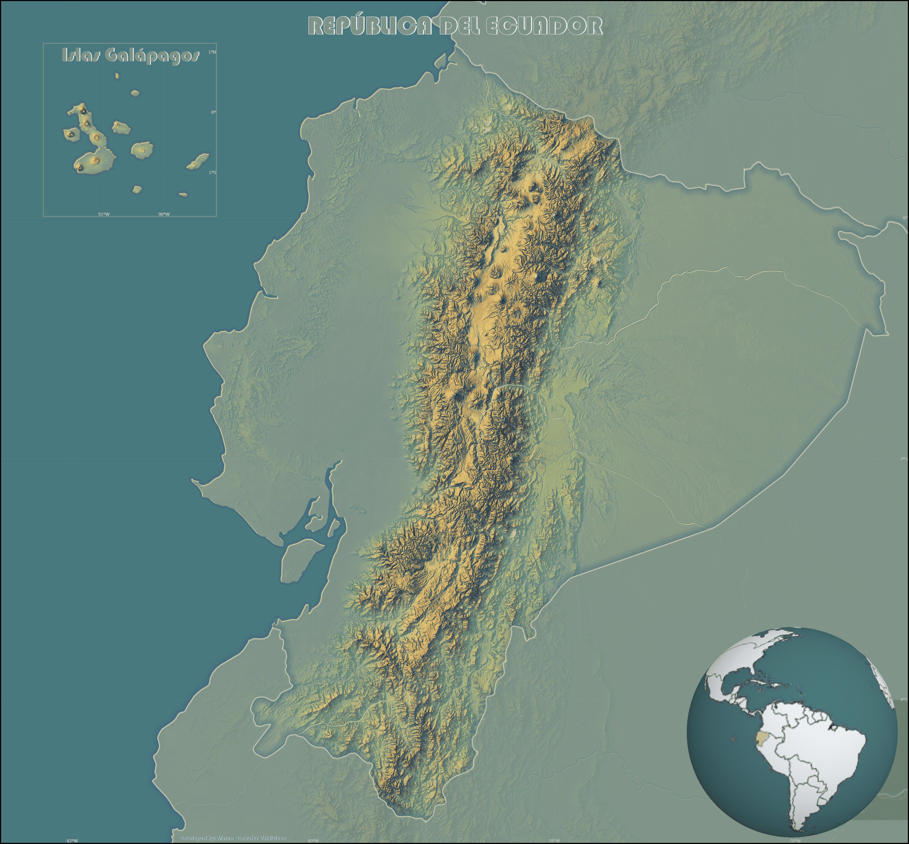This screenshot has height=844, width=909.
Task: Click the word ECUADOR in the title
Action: click(x=543, y=26)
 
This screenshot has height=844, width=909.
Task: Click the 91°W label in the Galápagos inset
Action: click(x=104, y=214)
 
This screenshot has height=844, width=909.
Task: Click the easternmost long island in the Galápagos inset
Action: click(x=198, y=161)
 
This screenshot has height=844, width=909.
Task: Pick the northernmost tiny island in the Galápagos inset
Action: click(x=117, y=75)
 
